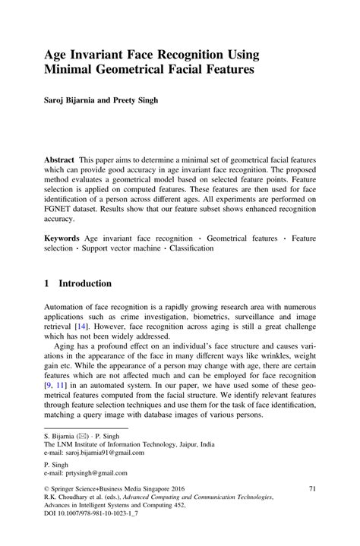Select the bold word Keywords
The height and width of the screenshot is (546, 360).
pos(65,237)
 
